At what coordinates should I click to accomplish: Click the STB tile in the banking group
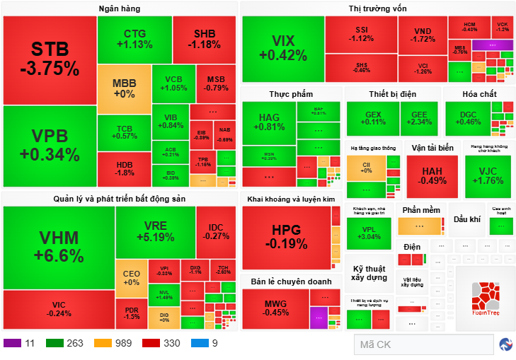coord(49,59)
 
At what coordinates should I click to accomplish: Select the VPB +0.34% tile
coord(49,146)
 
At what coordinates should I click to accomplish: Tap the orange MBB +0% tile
coord(124,89)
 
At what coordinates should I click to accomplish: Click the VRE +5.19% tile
coord(155,231)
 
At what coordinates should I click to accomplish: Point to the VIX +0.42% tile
coord(283,48)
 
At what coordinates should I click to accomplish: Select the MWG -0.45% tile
coord(275,308)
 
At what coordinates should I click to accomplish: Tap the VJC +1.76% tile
coord(488,175)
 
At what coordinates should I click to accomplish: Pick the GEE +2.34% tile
coord(419,118)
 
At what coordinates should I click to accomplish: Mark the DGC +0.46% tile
coord(468,118)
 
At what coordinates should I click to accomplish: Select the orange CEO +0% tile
coord(131,278)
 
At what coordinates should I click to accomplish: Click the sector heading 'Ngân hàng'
coord(120,8)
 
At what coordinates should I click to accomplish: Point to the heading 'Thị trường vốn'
coord(377,8)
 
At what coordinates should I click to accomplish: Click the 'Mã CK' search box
coord(423,344)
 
